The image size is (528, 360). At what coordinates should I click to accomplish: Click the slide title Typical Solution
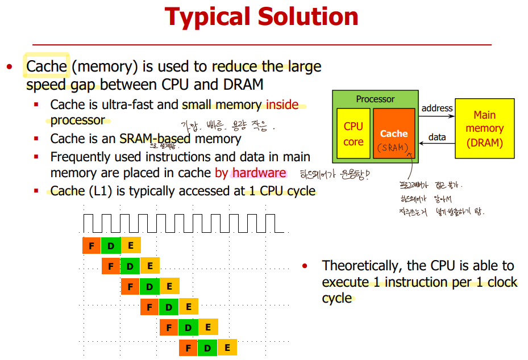point(261,17)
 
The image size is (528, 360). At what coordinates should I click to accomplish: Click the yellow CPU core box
point(353,133)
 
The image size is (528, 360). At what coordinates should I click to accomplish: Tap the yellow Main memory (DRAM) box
point(484,129)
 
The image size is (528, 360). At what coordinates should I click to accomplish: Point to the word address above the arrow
point(437,108)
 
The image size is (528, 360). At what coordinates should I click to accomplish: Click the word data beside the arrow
point(437,137)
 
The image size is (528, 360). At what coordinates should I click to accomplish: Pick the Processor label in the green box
point(375,99)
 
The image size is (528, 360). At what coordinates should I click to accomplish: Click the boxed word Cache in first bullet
point(47,66)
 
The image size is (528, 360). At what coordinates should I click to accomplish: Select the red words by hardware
point(251,173)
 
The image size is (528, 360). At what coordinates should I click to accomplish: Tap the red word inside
point(282,104)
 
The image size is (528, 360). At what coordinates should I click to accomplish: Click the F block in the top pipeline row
point(92,245)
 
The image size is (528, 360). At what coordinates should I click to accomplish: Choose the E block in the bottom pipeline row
point(227,348)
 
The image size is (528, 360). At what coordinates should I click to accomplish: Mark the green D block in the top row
point(111,245)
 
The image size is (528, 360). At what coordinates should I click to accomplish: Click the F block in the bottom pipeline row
point(189,348)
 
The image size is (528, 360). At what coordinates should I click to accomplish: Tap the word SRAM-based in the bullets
point(155,139)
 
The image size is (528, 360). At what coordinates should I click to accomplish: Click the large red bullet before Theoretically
point(305,266)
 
